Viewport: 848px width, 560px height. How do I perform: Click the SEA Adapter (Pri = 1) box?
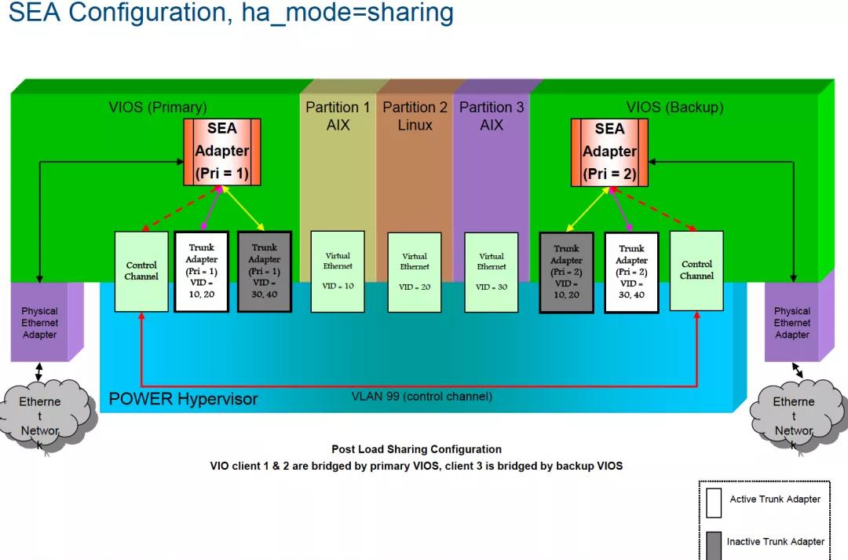coord(222,152)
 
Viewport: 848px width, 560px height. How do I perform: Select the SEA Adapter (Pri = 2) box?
coord(609,152)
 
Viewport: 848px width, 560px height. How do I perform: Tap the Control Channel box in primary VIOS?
coord(141,270)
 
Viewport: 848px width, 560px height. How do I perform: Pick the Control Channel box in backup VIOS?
coord(696,270)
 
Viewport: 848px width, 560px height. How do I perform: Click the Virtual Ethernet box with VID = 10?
coord(338,271)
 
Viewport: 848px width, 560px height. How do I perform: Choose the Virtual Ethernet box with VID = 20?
coord(415,271)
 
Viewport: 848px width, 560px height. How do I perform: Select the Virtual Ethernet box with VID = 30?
coord(492,271)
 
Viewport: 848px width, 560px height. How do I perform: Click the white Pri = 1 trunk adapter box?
coord(201,271)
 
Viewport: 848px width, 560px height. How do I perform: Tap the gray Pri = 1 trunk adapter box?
coord(265,271)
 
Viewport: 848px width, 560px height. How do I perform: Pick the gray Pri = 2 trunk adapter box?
coord(566,272)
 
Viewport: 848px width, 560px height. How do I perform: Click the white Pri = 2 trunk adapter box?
coord(631,272)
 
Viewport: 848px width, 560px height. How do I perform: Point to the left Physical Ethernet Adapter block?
coord(39,323)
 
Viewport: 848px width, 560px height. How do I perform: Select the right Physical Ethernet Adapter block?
coord(792,323)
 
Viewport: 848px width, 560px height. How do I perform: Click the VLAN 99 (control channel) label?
coord(422,397)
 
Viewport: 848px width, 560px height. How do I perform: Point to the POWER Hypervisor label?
coord(183,399)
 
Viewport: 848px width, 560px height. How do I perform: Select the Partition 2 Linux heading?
coord(415,116)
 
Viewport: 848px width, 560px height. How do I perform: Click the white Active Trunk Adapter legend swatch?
coord(713,503)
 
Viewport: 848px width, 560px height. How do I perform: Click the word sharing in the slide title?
coord(408,13)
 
